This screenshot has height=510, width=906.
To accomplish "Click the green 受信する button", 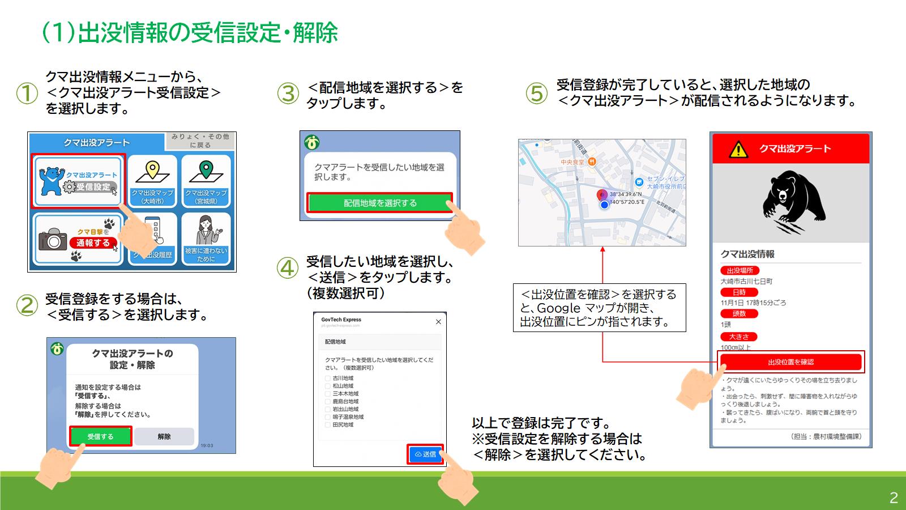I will click(100, 436).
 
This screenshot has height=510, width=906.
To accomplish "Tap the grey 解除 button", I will click(164, 436).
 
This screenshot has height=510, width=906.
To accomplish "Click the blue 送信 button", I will click(425, 454).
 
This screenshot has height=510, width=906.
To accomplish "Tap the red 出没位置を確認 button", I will click(790, 362).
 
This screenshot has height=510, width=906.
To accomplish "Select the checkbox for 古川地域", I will click(328, 378).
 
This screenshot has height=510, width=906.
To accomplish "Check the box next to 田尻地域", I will click(328, 424).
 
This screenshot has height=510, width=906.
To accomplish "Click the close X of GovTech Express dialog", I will click(438, 322).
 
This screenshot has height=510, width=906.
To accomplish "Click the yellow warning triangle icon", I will click(738, 150).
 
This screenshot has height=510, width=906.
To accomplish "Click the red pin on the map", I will click(602, 195).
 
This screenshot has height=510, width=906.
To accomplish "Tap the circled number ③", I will click(288, 93).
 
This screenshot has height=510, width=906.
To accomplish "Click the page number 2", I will click(894, 498).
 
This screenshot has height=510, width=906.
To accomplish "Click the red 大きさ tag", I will click(738, 337).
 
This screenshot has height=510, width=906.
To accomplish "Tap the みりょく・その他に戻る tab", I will click(200, 141).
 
